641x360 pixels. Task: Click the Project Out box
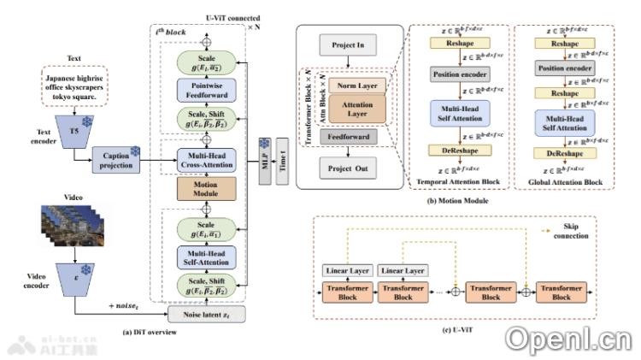[x=350, y=168]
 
